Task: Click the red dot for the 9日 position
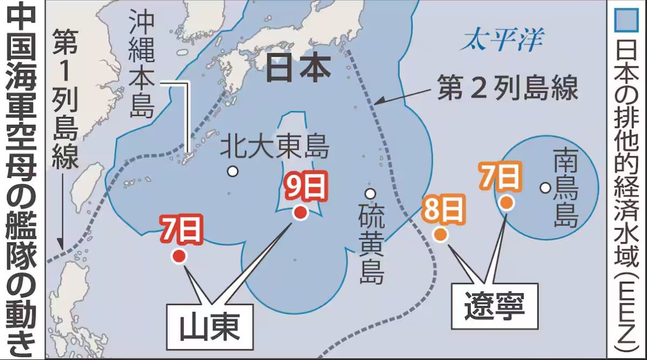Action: click(300, 213)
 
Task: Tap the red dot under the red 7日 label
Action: click(178, 257)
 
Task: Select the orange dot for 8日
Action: click(440, 235)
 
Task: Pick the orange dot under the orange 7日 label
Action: click(507, 203)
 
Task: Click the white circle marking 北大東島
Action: click(233, 172)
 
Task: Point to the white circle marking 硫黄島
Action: click(370, 194)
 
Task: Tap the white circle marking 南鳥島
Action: click(545, 188)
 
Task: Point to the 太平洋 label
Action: click(502, 41)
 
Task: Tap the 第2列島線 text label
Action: click(507, 89)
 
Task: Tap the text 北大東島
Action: click(274, 147)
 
